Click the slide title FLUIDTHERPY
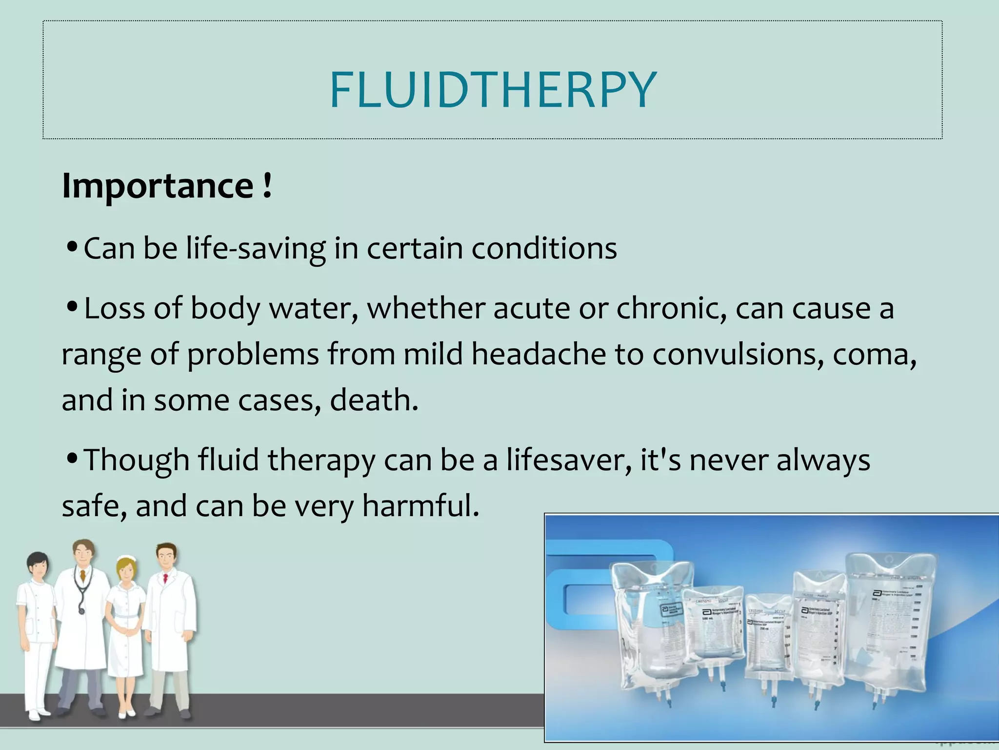493,90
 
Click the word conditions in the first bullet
544,249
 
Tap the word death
373,400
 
